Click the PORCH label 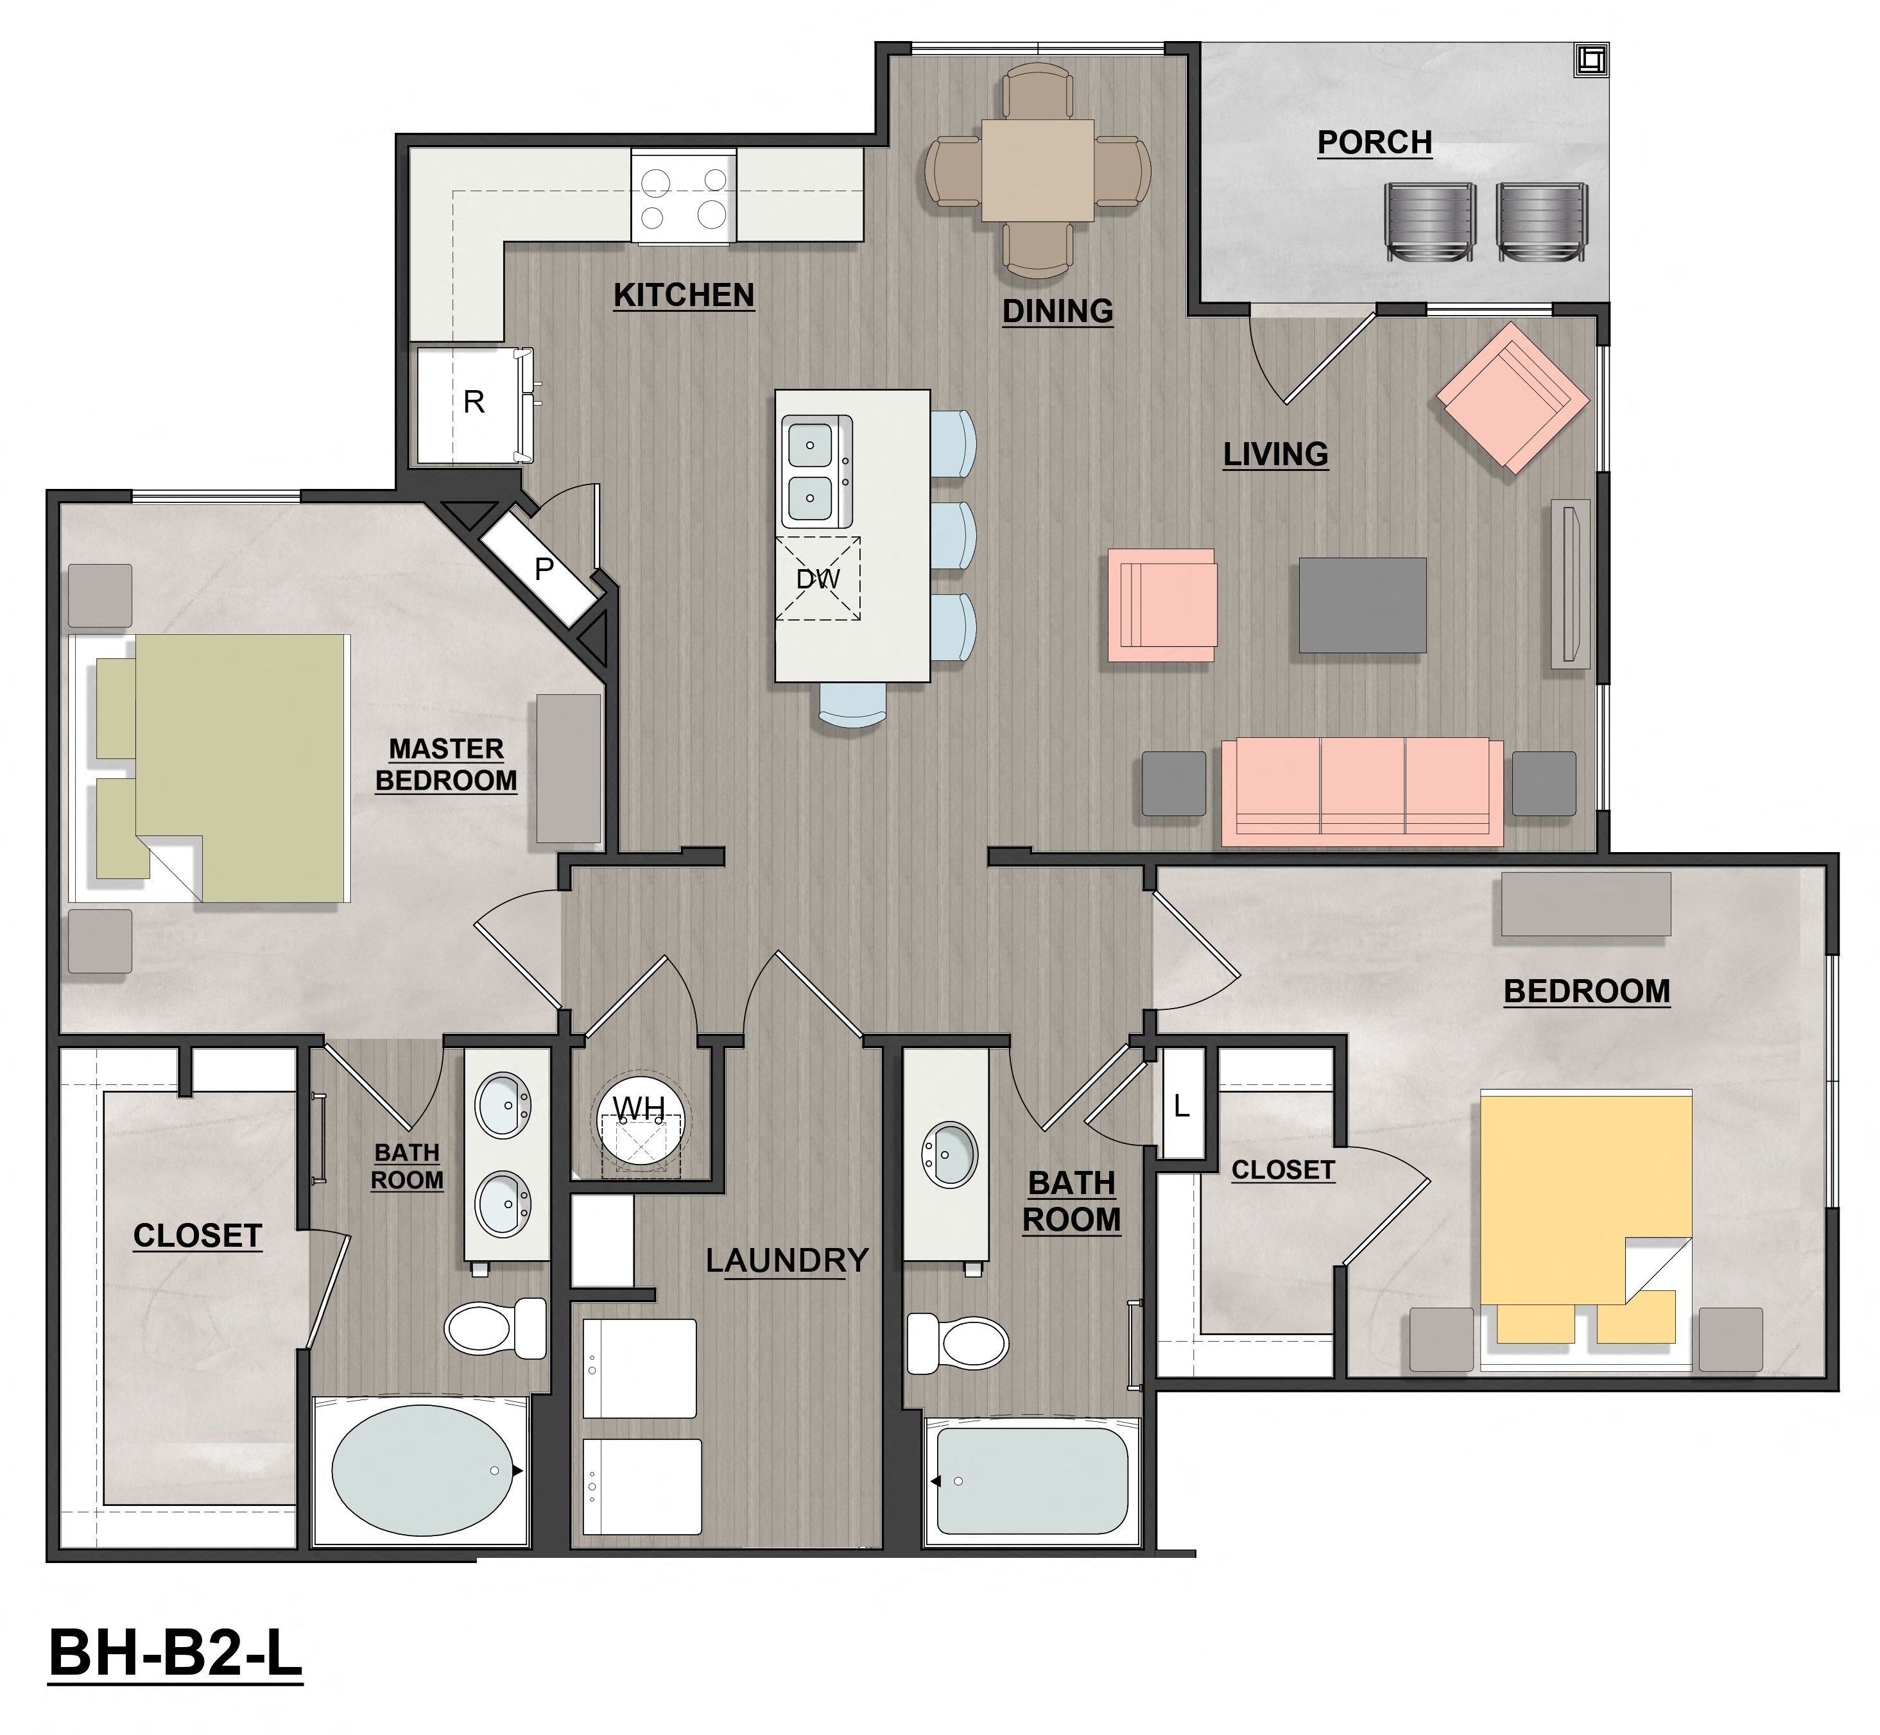click(x=1374, y=142)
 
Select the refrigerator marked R click(x=474, y=403)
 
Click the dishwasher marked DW click(x=818, y=578)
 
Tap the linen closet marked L click(x=1182, y=1106)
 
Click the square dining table click(x=1038, y=170)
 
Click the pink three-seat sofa click(x=1361, y=791)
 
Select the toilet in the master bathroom click(x=493, y=1327)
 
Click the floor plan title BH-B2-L click(x=176, y=1678)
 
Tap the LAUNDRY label click(x=787, y=1261)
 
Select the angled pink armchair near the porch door click(x=1512, y=398)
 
